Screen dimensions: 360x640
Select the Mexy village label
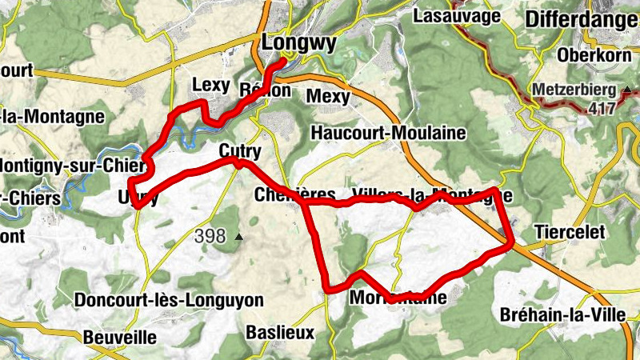[x=328, y=97]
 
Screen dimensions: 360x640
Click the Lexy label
[x=211, y=86]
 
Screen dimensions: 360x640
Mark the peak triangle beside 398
[x=238, y=237]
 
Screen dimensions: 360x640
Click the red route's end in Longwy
[x=284, y=61]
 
